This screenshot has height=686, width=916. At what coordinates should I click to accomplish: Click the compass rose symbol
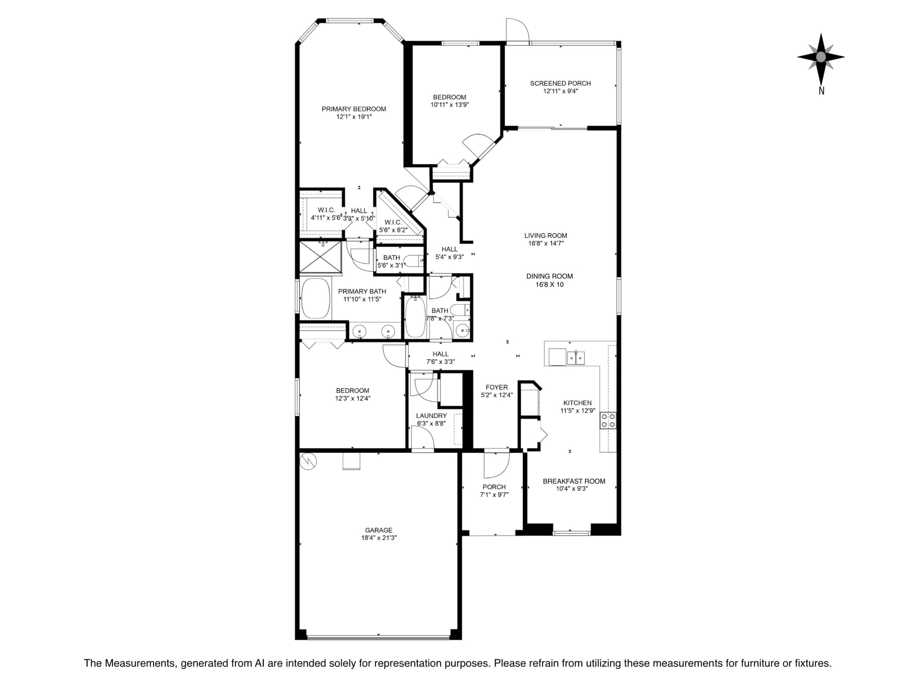coord(821,57)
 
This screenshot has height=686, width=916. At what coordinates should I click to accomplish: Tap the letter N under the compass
coord(821,91)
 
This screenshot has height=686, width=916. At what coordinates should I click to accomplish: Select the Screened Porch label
coord(560,84)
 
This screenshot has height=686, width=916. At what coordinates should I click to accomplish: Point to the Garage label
coord(379,530)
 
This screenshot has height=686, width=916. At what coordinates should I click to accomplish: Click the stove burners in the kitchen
coord(608,421)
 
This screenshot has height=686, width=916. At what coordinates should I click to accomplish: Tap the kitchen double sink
coord(576,357)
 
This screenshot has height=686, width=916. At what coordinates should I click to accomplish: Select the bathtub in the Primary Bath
coord(315,298)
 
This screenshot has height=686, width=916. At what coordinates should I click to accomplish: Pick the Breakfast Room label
coord(574,481)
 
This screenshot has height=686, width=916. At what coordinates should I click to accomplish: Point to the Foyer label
coord(496,387)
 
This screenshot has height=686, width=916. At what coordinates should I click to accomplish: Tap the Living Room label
coord(545,235)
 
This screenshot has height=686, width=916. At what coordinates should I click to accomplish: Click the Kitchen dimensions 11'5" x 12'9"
coord(578,411)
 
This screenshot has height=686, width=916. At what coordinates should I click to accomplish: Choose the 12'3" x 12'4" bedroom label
coord(352,399)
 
